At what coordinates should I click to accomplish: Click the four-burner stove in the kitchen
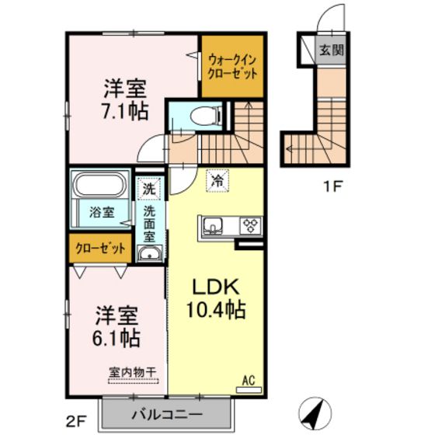point(250,226)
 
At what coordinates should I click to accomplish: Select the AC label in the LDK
point(250,380)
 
